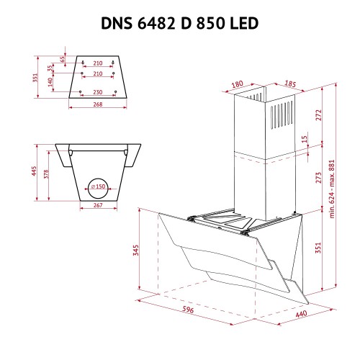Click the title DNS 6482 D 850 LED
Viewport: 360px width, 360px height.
tap(179, 23)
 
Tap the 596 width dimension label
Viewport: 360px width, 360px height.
tap(188, 310)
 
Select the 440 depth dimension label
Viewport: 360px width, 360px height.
tap(301, 314)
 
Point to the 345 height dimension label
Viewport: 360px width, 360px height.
tap(136, 250)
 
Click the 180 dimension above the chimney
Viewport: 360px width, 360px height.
tap(238, 84)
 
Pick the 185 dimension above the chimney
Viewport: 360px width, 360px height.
tap(290, 84)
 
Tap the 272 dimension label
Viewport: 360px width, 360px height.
tap(318, 115)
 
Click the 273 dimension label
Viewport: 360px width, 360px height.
tap(318, 178)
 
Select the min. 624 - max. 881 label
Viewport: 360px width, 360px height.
tap(332, 189)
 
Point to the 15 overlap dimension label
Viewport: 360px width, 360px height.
tap(305, 139)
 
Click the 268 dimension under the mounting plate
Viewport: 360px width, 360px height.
tap(98, 104)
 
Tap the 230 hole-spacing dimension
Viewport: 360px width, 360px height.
tap(98, 92)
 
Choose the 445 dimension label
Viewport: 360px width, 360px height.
tap(34, 171)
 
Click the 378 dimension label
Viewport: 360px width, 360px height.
tap(46, 174)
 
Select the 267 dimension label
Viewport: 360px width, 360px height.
tap(98, 205)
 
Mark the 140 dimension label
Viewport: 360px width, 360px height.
tap(50, 82)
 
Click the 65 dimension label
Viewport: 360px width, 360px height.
tap(63, 59)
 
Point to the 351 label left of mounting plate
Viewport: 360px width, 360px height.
tap(35, 78)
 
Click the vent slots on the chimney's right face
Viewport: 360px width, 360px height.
tap(282, 115)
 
